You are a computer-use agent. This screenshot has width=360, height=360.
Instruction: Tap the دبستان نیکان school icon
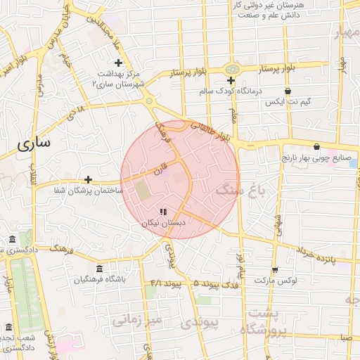click(x=163, y=211)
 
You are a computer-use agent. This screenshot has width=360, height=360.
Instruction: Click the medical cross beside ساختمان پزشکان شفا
click(x=88, y=179)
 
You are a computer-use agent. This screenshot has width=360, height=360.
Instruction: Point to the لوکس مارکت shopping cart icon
click(x=274, y=269)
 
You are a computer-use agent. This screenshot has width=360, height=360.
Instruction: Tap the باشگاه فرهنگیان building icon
click(x=98, y=269)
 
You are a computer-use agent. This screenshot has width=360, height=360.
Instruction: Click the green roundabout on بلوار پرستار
click(x=231, y=70)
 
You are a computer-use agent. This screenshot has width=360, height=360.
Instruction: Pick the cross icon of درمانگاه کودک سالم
click(x=231, y=80)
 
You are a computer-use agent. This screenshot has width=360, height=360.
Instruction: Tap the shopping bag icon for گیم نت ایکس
click(x=288, y=91)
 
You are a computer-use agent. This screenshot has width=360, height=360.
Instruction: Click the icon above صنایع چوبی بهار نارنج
click(x=316, y=147)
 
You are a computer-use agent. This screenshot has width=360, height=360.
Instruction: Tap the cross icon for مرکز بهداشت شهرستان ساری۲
click(x=118, y=63)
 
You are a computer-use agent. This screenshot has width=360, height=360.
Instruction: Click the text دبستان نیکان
click(x=163, y=222)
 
